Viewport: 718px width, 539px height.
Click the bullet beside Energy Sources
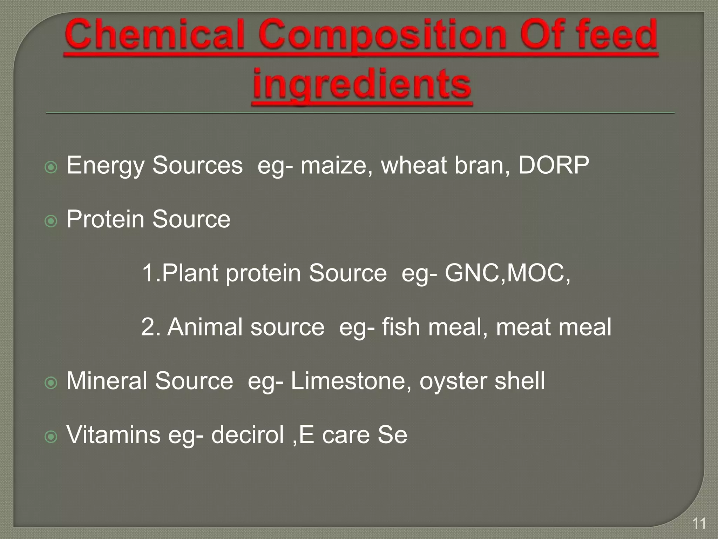[51, 167]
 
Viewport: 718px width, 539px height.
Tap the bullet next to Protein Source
[51, 221]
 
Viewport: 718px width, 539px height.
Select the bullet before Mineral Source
[51, 383]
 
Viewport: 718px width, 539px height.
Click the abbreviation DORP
[554, 165]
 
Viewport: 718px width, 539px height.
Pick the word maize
[336, 166]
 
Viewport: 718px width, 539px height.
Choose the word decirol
[247, 435]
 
